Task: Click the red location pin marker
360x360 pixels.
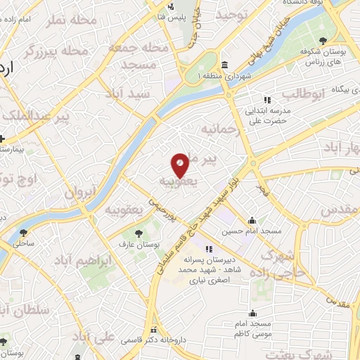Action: [x=181, y=165]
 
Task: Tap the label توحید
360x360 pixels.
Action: [x=233, y=15]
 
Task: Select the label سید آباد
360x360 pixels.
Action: [x=128, y=93]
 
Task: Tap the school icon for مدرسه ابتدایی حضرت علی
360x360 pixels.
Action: [x=266, y=99]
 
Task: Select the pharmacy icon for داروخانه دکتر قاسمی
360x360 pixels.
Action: [x=154, y=328]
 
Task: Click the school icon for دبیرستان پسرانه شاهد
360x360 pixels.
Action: [x=208, y=249]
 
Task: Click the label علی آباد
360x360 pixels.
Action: [x=99, y=338]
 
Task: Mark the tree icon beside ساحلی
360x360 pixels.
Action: [x=25, y=230]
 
